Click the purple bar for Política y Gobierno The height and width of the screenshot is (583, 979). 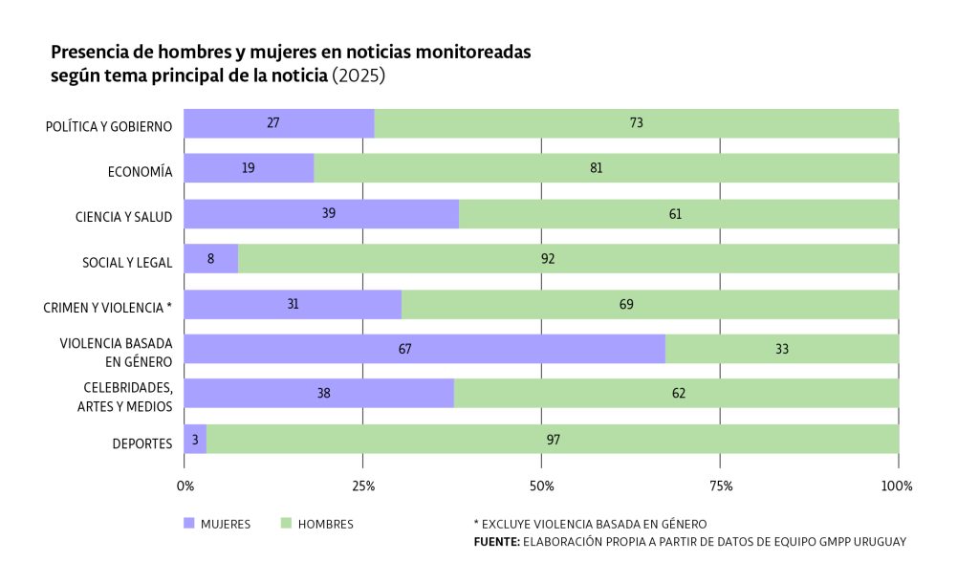pyautogui.click(x=278, y=123)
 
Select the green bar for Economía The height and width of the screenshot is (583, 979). pyautogui.click(x=606, y=168)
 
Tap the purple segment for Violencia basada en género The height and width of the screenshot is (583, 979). pyautogui.click(x=424, y=349)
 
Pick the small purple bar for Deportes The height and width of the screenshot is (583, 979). pyautogui.click(x=195, y=440)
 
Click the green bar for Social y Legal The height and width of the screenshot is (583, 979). pyautogui.click(x=568, y=258)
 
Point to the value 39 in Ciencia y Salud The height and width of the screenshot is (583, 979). pyautogui.click(x=329, y=213)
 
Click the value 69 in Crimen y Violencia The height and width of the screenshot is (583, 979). pyautogui.click(x=626, y=304)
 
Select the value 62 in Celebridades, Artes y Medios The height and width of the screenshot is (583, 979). pyautogui.click(x=678, y=394)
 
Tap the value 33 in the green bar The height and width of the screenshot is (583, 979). pyautogui.click(x=782, y=349)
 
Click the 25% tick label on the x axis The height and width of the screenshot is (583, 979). pyautogui.click(x=363, y=486)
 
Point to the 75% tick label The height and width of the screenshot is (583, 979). pyautogui.click(x=721, y=486)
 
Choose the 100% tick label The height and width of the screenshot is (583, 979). pyautogui.click(x=898, y=486)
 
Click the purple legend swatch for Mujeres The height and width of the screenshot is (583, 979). pyautogui.click(x=189, y=524)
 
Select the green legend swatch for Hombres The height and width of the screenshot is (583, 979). pyautogui.click(x=286, y=524)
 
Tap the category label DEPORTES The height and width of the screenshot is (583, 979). pyautogui.click(x=142, y=443)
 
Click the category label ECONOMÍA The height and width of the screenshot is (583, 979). pyautogui.click(x=140, y=172)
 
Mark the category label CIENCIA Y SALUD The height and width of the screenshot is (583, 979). pyautogui.click(x=123, y=217)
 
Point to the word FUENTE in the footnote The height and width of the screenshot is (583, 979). pyautogui.click(x=495, y=542)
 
